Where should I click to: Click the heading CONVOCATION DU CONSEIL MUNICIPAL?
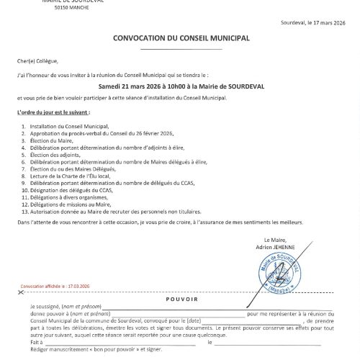click(x=181, y=38)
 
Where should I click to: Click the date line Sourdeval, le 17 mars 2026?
click(x=313, y=23)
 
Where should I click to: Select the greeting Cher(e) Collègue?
click(x=37, y=61)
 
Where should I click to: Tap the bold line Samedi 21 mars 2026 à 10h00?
click(x=181, y=86)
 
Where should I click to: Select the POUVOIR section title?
click(x=181, y=298)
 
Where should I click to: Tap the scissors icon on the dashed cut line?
click(x=22, y=292)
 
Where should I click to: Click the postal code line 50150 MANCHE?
click(x=71, y=7)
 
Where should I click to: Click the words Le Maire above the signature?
click(x=275, y=240)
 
